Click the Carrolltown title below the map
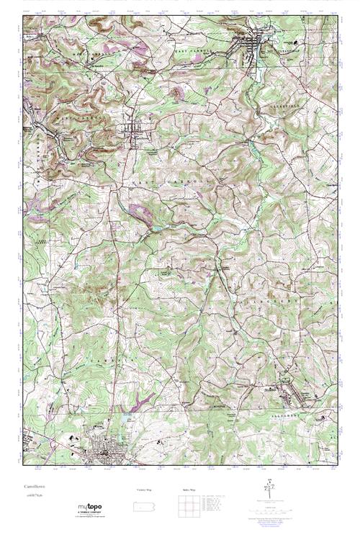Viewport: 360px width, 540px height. click(35, 487)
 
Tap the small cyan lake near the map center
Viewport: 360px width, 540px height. click(153, 230)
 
